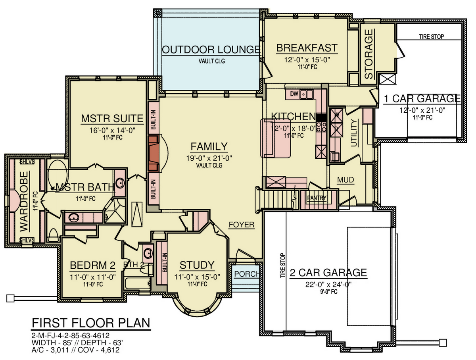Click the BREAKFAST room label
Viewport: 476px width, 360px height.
pos(307,48)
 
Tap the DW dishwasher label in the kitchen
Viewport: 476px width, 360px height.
pos(294,94)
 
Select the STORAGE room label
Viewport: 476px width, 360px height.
pos(369,54)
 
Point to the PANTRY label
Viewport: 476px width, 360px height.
pos(317,198)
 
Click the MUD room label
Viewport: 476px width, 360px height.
pos(345,180)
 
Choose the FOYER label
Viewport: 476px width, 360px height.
pos(241,225)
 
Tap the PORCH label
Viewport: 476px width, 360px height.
pos(247,274)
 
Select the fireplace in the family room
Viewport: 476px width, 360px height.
pos(154,154)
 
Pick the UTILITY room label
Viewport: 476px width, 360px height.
pos(353,133)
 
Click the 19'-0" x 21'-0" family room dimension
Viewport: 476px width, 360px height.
pos(209,158)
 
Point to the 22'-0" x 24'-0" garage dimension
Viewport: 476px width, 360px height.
pos(328,284)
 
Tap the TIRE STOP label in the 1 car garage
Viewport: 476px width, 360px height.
pos(431,37)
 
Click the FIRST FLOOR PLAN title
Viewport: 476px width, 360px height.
pos(91,323)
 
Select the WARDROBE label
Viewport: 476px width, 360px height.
pos(24,202)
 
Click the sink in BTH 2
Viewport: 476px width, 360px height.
pos(148,253)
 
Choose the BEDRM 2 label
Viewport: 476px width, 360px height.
pos(92,265)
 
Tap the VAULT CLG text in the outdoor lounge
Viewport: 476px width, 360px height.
pos(212,61)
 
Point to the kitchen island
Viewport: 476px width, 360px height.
pos(275,138)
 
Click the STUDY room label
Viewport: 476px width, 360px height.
pos(197,265)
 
